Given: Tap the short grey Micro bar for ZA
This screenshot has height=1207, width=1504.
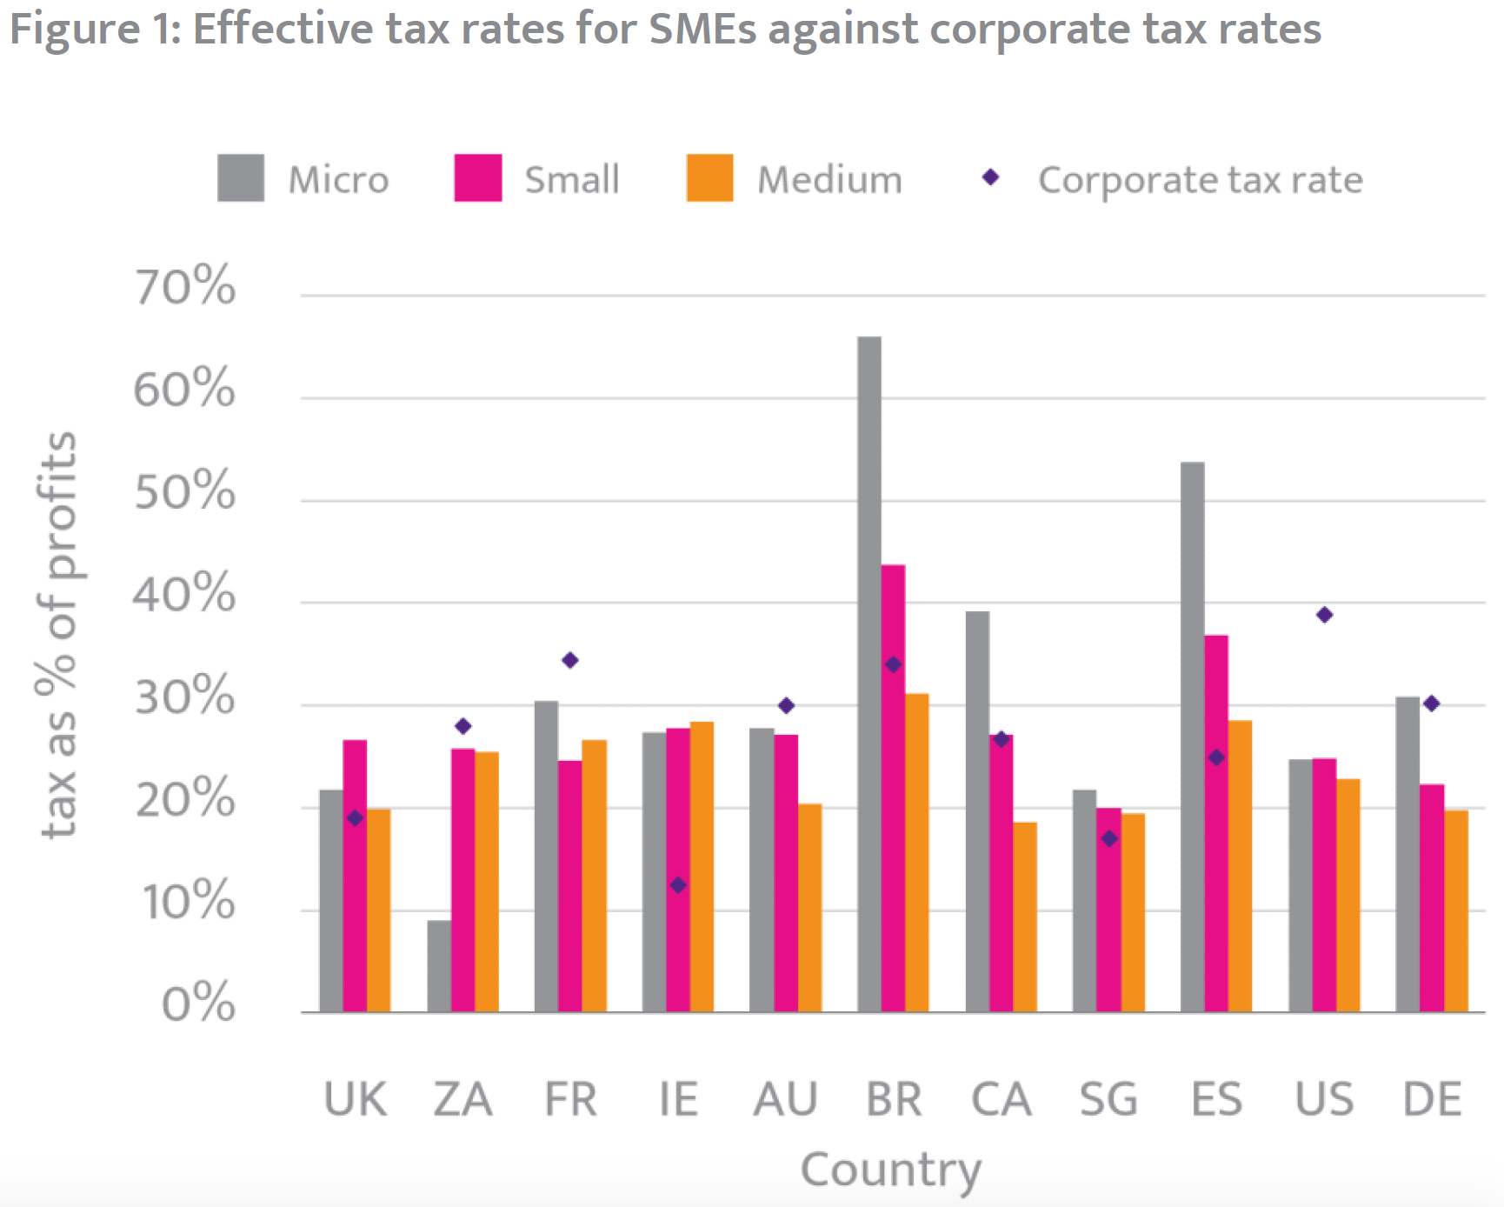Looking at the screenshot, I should pyautogui.click(x=439, y=966).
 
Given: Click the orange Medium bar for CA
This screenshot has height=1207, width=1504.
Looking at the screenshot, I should pyautogui.click(x=1025, y=917).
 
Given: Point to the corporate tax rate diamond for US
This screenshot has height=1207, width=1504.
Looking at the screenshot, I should pyautogui.click(x=1324, y=616).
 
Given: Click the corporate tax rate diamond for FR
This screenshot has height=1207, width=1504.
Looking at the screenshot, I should pyautogui.click(x=570, y=661).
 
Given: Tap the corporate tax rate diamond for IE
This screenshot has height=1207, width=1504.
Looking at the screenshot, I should pyautogui.click(x=678, y=885).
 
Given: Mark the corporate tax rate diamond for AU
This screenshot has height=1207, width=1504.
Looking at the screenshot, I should pyautogui.click(x=786, y=705).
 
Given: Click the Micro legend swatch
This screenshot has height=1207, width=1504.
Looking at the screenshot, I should pyautogui.click(x=241, y=178).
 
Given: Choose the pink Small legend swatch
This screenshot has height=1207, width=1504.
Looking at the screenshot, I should pyautogui.click(x=477, y=178).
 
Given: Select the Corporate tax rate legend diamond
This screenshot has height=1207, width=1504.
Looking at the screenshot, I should pyautogui.click(x=990, y=177).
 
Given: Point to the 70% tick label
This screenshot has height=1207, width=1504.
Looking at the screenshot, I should pyautogui.click(x=184, y=286).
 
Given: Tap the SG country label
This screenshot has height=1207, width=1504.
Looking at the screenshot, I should pyautogui.click(x=1108, y=1099).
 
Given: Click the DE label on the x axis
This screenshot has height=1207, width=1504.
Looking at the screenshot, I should pyautogui.click(x=1432, y=1099).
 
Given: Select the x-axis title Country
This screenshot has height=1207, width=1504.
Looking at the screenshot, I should pyautogui.click(x=890, y=1170).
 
